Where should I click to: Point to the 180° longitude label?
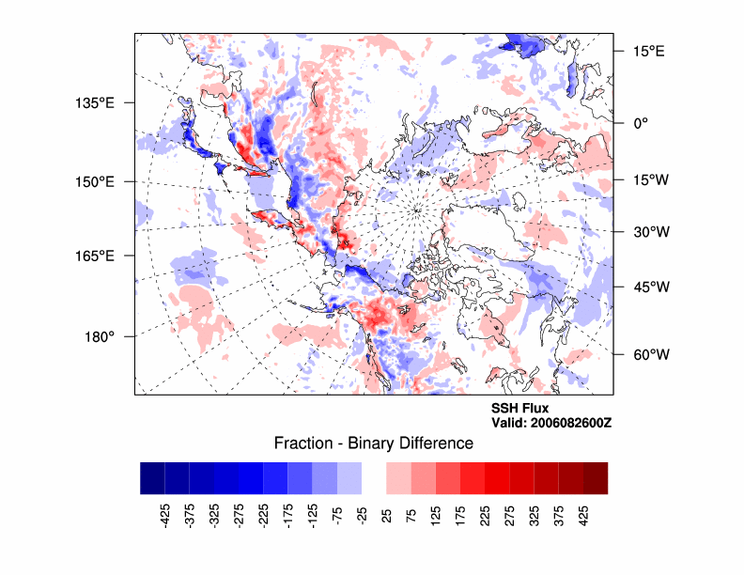101,336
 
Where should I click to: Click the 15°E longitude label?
648,51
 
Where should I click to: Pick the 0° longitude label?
638,122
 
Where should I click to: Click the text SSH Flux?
520,409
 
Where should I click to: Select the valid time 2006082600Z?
551,423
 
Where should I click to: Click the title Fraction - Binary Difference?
373,443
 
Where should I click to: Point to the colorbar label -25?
361,516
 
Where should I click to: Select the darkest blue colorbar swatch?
152,477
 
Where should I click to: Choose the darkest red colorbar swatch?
595,477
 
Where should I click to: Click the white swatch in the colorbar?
374,477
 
